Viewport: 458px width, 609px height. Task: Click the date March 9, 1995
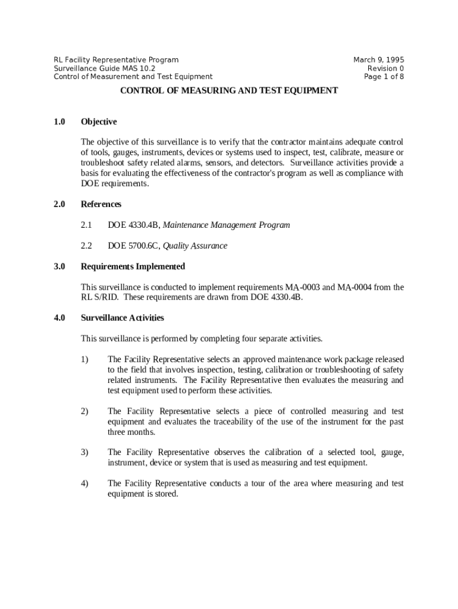click(x=378, y=59)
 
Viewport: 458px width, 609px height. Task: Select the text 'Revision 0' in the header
click(x=385, y=68)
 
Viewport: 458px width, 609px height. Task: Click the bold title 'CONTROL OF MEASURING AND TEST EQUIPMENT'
click(x=229, y=91)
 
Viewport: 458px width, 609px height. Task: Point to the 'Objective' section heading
click(x=99, y=122)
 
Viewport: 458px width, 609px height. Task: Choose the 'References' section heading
click(x=101, y=205)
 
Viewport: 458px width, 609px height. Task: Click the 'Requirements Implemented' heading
click(x=133, y=266)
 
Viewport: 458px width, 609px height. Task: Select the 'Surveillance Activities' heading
click(x=123, y=318)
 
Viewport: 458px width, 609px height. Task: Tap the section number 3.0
click(x=59, y=266)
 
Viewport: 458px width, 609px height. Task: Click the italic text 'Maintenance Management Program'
click(x=227, y=225)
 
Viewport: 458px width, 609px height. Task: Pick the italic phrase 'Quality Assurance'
click(x=195, y=246)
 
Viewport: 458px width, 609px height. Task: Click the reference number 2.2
click(x=86, y=246)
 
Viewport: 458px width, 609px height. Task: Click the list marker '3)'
click(x=84, y=453)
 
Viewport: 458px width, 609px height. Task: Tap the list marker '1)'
click(x=84, y=360)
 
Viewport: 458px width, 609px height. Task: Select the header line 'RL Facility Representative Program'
click(x=116, y=59)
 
